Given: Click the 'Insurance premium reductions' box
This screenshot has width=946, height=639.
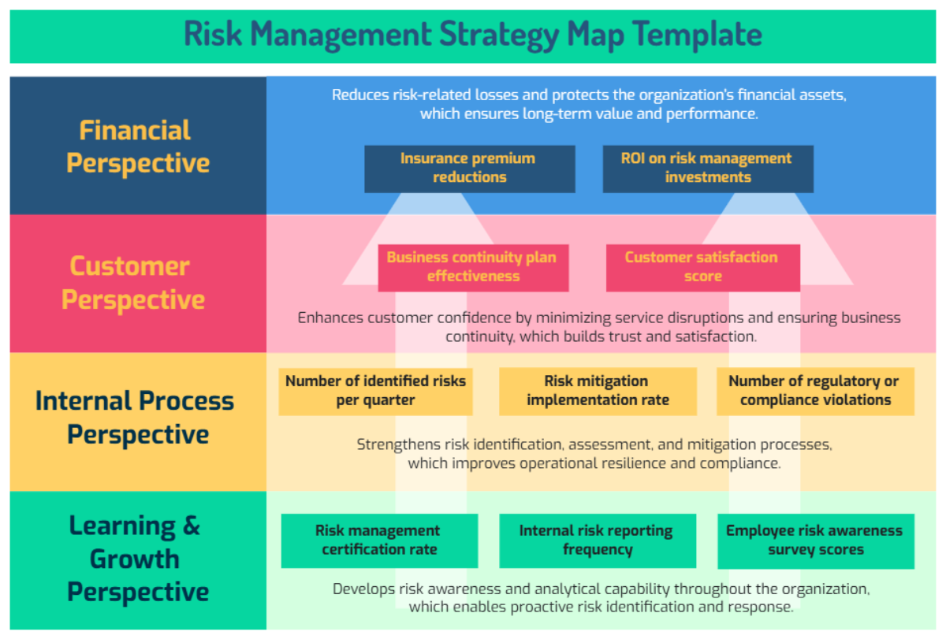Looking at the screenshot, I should (469, 168).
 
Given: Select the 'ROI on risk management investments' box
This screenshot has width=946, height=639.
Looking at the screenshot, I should (707, 168).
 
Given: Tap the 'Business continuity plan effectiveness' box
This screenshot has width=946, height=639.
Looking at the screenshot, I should (473, 267).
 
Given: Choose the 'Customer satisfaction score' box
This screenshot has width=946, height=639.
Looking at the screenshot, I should (702, 267).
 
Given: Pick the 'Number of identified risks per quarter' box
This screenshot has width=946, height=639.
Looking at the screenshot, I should (375, 391).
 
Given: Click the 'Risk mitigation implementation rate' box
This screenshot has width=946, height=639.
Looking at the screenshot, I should (598, 391).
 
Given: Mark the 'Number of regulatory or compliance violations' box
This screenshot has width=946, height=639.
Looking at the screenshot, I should (815, 391).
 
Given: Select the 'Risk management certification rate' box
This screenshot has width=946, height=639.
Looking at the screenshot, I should (379, 541).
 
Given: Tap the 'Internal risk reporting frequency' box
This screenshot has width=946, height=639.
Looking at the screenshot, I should (598, 541).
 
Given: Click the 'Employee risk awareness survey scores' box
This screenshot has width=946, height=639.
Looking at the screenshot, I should (815, 541).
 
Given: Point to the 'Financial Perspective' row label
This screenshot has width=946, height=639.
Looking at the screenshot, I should (138, 147).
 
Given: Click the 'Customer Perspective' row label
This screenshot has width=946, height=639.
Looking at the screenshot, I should (133, 283).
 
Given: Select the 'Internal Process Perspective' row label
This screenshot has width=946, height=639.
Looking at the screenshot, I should (135, 418).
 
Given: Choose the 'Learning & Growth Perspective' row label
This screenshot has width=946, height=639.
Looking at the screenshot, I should (136, 559).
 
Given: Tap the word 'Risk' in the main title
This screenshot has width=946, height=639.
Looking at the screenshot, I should (213, 35).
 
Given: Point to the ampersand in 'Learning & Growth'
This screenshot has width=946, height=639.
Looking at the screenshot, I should (191, 526).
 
